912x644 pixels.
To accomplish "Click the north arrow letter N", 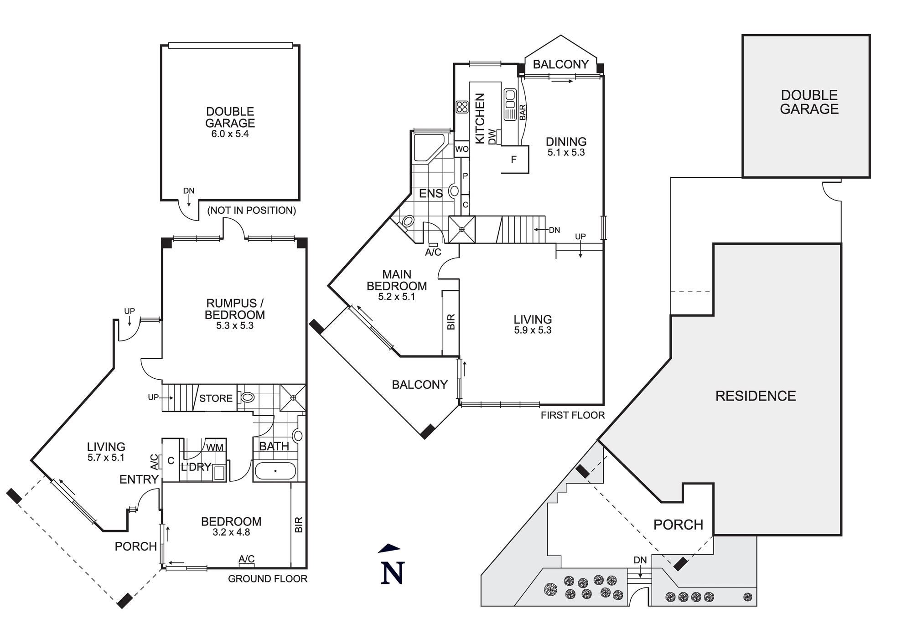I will click(393, 573).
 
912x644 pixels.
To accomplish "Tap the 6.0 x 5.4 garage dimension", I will click(230, 134).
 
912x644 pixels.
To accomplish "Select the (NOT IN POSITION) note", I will click(252, 210).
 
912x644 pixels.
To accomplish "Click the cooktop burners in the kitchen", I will click(462, 107).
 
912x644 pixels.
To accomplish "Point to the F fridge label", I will click(514, 160).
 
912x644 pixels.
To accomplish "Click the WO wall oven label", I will click(462, 149).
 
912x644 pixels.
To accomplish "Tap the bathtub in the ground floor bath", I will click(275, 471).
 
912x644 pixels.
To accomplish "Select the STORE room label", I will click(216, 398).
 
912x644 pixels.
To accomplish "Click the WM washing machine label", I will click(214, 448).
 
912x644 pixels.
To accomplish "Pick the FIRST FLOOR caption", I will click(573, 415).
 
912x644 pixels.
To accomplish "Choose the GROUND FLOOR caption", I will click(268, 579).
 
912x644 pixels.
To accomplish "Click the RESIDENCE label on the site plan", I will click(756, 396).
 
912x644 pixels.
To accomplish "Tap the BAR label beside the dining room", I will click(523, 113).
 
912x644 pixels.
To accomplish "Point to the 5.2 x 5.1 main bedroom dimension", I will click(396, 297).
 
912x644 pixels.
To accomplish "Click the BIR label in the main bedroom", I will click(451, 322).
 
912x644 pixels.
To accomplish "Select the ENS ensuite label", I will click(430, 193).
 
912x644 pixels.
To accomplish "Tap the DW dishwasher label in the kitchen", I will click(492, 137).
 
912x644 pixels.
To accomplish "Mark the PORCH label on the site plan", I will click(678, 525).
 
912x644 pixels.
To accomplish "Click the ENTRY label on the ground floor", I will click(139, 479).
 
